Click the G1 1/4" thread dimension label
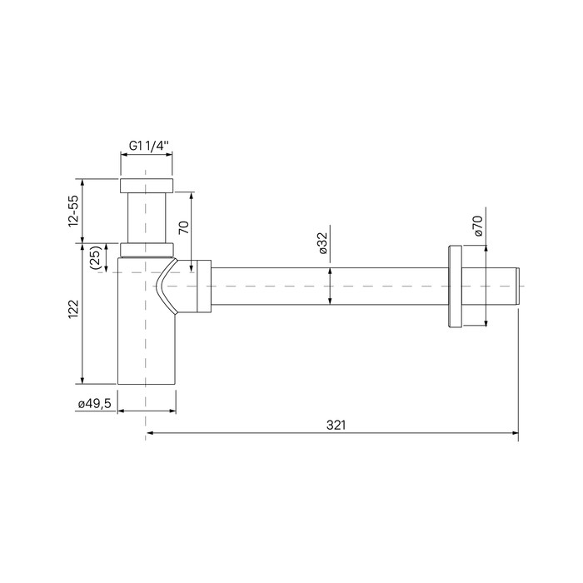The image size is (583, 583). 149,146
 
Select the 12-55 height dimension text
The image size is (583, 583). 73,212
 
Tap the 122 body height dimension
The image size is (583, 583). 73,309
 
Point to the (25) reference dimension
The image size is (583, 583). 96,257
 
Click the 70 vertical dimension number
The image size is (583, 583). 184,227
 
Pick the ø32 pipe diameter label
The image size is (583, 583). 322,243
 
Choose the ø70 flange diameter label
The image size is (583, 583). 478,226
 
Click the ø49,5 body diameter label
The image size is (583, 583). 94,404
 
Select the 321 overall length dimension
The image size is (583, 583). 336,425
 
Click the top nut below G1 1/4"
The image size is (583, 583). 147,186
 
